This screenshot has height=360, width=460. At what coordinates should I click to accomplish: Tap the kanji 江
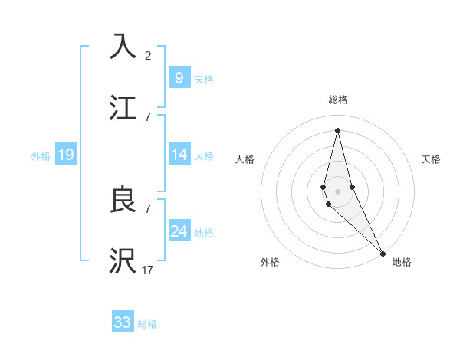point(123,108)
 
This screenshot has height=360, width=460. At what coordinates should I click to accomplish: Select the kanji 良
point(123,200)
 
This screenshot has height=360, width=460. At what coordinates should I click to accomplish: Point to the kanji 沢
point(123,261)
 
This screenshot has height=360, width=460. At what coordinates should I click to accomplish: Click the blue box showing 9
point(179,77)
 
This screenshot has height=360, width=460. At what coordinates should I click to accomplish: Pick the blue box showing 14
point(179,155)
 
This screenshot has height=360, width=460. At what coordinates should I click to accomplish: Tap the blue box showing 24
point(179,231)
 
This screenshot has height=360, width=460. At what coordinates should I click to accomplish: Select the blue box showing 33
point(123,322)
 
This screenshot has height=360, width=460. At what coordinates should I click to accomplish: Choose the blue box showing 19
point(66,155)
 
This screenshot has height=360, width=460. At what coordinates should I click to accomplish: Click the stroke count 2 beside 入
point(148,55)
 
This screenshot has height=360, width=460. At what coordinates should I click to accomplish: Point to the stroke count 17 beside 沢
point(148,270)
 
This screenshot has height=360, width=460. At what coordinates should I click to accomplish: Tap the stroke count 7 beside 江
point(148,116)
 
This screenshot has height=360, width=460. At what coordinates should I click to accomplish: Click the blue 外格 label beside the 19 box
point(41,156)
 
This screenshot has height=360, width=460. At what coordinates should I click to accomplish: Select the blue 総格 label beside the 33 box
point(147,324)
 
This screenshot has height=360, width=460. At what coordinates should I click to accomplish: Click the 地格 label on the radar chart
point(402,262)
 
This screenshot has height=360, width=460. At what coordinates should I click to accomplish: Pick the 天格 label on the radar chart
point(432,159)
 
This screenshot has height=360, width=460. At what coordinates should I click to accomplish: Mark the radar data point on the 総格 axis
point(337,129)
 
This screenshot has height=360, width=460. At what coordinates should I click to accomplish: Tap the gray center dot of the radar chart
point(337,191)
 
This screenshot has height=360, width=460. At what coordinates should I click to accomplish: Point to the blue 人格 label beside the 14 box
point(204,156)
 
